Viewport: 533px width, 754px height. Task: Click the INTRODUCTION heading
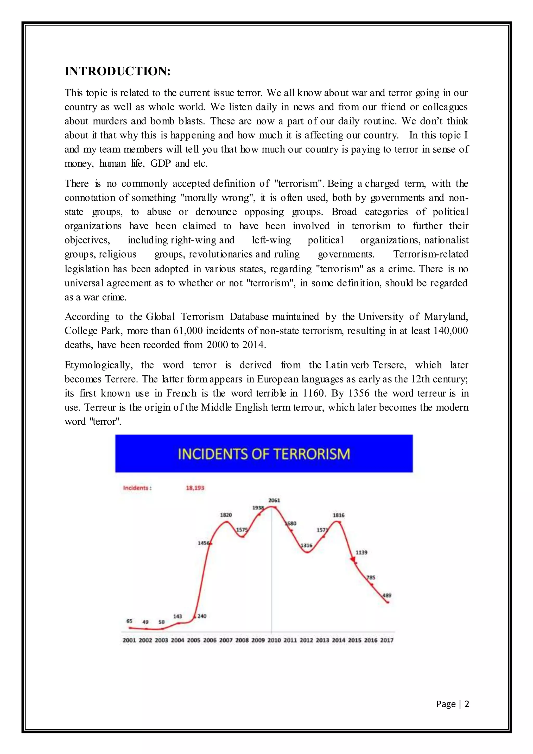point(117,71)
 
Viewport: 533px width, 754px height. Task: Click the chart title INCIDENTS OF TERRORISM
point(264,454)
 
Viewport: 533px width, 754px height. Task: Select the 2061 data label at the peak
point(274,500)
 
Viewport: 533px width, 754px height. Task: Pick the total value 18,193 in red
point(195,488)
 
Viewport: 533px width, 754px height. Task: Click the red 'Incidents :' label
point(137,488)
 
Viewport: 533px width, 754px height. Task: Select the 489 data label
point(387,595)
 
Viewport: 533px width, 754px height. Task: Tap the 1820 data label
point(226,515)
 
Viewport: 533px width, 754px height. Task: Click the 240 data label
point(202,616)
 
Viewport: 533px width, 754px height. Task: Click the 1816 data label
point(339,515)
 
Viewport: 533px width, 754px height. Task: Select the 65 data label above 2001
point(129,621)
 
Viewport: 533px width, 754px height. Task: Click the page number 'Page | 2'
point(452,704)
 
